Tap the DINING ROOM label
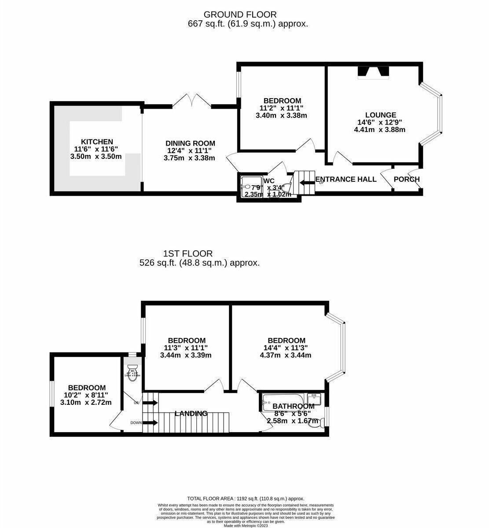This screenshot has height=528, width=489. pyautogui.click(x=190, y=143)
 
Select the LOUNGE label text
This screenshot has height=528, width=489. pyautogui.click(x=380, y=115)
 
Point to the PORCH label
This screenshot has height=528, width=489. pyautogui.click(x=406, y=179)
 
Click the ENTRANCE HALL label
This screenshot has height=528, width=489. pyautogui.click(x=346, y=179)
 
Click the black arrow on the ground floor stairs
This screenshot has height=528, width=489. pyautogui.click(x=304, y=182)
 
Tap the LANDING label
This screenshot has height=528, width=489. pyautogui.click(x=191, y=413)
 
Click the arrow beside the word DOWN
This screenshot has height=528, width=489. pyautogui.click(x=151, y=423)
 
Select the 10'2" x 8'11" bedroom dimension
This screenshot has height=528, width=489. pyautogui.click(x=86, y=395)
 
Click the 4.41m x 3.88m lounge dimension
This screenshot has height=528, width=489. pyautogui.click(x=379, y=129)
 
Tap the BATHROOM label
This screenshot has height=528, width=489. pyautogui.click(x=293, y=406)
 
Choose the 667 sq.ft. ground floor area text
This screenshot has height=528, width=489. pyautogui.click(x=247, y=24)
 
